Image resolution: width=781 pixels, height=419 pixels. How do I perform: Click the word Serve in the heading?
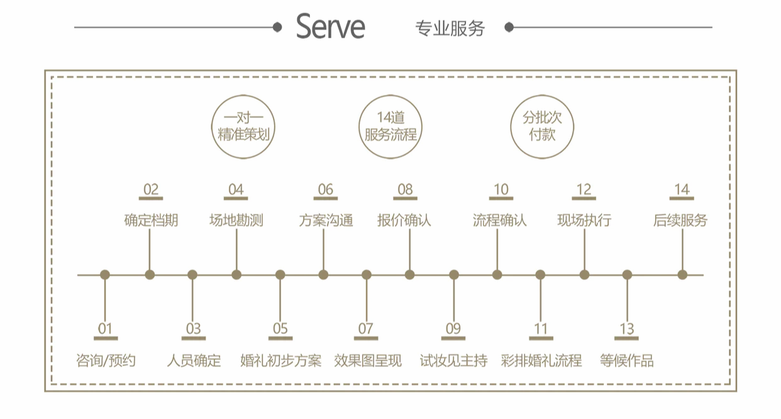tap(330, 27)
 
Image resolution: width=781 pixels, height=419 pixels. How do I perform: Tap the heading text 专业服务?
tap(450, 28)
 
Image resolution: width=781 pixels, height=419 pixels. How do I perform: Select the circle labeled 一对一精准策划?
tap(242, 126)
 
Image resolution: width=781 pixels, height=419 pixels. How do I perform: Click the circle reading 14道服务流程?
tap(390, 126)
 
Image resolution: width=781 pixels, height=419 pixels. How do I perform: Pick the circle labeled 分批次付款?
tap(541, 126)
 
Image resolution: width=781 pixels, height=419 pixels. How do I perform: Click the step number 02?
tap(151, 190)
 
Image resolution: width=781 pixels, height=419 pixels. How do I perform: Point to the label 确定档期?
tap(151, 220)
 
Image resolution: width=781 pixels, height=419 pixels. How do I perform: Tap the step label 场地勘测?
tap(236, 220)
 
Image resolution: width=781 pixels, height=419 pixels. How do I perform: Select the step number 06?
tap(325, 190)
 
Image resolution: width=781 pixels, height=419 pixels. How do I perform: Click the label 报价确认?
tap(404, 220)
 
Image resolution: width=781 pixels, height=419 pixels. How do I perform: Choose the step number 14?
tap(682, 190)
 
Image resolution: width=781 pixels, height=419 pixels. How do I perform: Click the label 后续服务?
tap(680, 220)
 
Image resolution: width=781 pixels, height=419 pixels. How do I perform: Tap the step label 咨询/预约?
tap(105, 361)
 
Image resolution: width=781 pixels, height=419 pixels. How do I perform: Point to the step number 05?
tap(280, 329)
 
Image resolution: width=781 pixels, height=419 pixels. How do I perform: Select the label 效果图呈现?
tap(367, 361)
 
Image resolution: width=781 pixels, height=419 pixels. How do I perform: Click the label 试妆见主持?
tap(453, 361)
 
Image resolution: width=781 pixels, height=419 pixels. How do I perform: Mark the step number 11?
tap(541, 329)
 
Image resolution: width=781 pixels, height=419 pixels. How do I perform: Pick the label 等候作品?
tap(627, 361)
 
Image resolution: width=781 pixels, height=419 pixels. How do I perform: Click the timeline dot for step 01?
tap(105, 275)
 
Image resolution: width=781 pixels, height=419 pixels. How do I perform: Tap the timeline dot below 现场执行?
tap(584, 275)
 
